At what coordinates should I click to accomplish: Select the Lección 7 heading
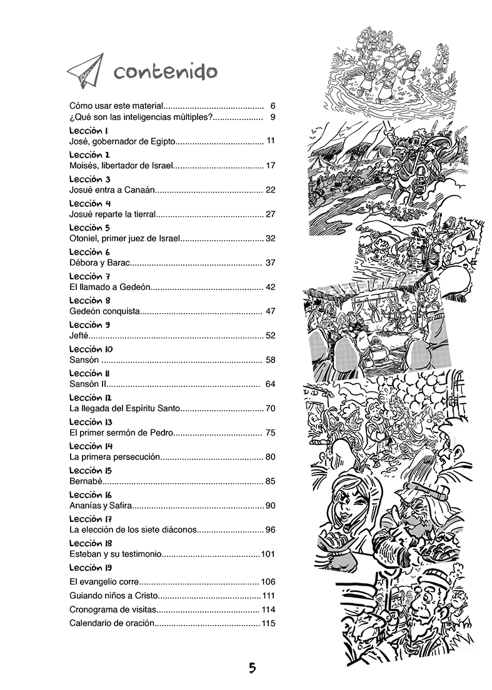click(x=90, y=276)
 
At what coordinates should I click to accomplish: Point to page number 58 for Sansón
click(x=270, y=360)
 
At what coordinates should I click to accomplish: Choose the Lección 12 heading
click(x=91, y=397)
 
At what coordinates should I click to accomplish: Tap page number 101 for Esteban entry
click(x=268, y=554)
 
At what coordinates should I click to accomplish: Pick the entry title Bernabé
click(x=86, y=481)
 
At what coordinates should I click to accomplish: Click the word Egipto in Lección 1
click(x=162, y=142)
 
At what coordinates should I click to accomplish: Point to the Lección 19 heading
click(x=91, y=567)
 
